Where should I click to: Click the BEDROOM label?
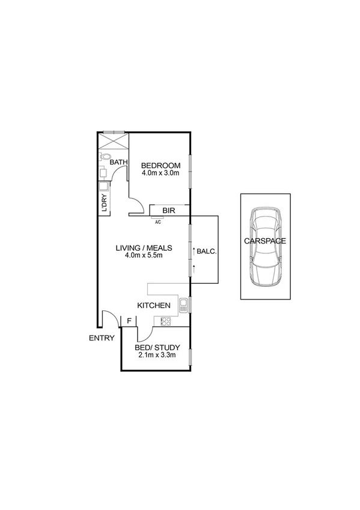point(160,166)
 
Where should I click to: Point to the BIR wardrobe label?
point(169,210)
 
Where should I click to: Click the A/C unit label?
point(158,223)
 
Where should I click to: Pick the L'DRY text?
point(104,203)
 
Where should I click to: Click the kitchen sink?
point(183,304)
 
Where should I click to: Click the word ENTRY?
point(102,338)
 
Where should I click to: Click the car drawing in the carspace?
point(265,247)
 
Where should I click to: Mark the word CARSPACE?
point(264,241)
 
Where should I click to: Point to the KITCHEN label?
point(154,306)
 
